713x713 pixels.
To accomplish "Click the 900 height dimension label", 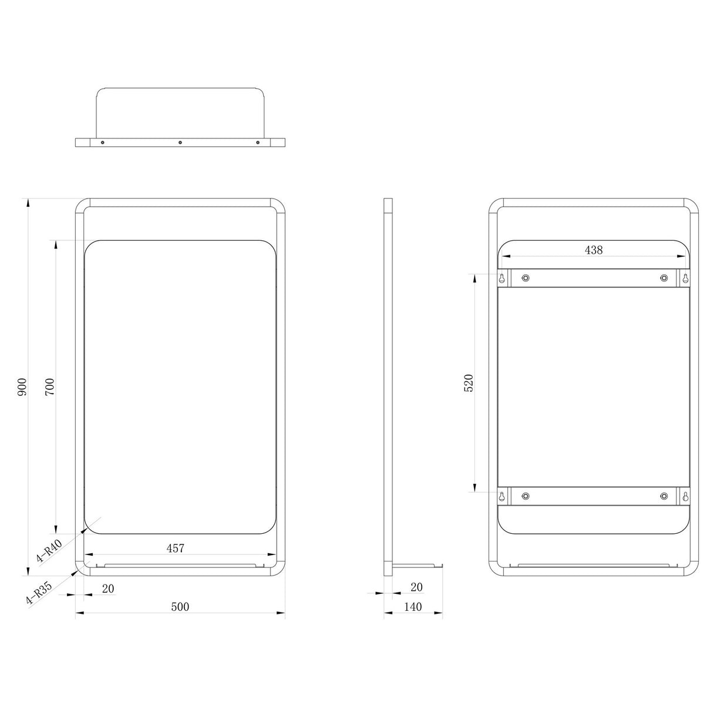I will click(x=22, y=387).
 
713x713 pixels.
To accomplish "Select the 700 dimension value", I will click(x=50, y=387).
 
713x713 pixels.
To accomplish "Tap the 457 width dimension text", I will click(x=175, y=548).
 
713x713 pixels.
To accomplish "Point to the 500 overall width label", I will click(x=180, y=607).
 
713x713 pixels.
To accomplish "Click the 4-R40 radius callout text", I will click(x=49, y=551).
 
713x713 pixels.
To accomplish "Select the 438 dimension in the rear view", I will click(x=593, y=250).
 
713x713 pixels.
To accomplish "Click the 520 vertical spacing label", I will click(x=468, y=383).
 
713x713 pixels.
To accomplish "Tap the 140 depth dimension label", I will click(x=413, y=607).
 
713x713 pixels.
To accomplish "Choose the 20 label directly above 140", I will click(x=416, y=587).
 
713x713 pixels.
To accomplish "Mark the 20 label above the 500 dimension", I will click(x=108, y=588).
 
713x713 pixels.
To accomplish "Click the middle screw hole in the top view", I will click(x=180, y=142).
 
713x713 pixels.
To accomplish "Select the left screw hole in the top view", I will click(x=103, y=142).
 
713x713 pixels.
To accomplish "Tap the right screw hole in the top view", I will click(x=257, y=142).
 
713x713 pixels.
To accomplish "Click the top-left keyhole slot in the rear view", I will click(x=502, y=277).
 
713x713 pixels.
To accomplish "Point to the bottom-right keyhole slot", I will click(x=684, y=496).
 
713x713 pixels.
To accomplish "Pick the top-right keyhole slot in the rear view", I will click(x=684, y=277).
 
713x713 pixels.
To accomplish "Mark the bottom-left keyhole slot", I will click(x=502, y=496).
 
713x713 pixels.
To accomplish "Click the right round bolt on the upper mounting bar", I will click(x=664, y=277).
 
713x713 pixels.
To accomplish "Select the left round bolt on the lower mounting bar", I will click(x=525, y=496).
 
